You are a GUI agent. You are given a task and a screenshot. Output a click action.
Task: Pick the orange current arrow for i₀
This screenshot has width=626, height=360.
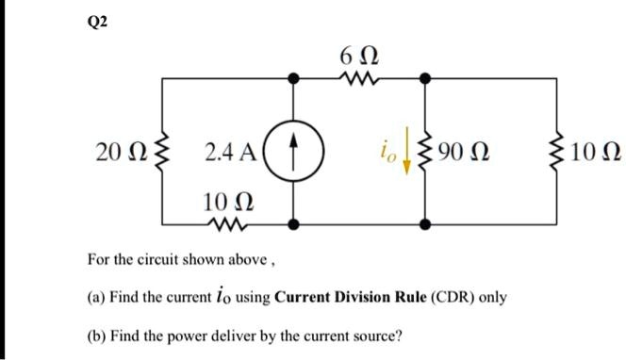click(406, 155)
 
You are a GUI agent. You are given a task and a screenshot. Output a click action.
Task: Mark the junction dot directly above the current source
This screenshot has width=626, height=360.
click(296, 82)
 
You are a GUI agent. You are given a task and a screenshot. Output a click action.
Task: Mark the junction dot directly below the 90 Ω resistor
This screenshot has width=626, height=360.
click(427, 224)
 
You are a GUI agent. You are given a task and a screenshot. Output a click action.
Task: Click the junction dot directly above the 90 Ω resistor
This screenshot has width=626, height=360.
click(427, 82)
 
